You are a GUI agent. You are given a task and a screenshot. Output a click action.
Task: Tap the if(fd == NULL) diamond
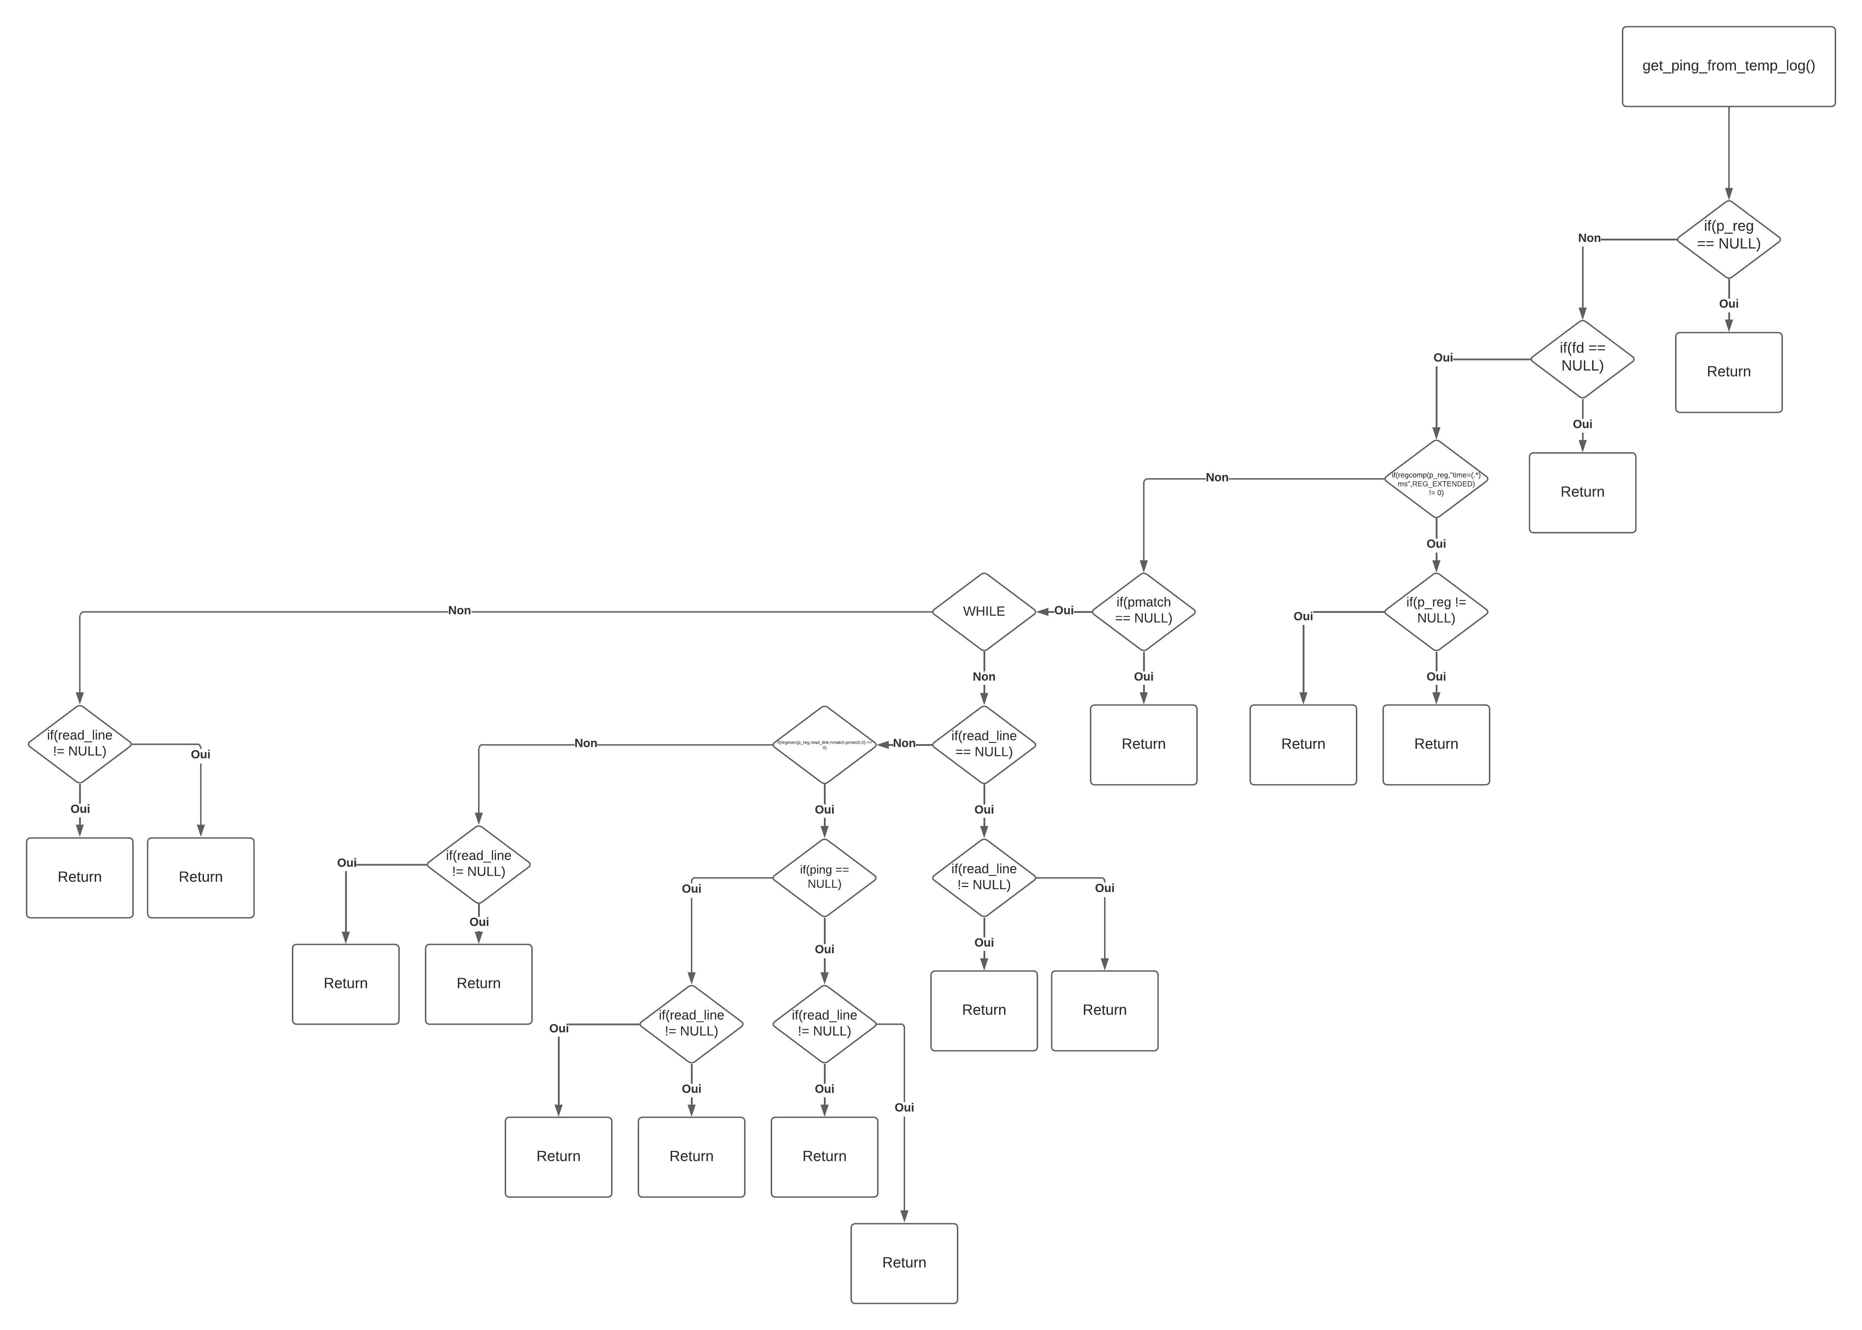click(x=1582, y=359)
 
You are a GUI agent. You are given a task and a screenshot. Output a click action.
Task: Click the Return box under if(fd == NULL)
click(x=1582, y=492)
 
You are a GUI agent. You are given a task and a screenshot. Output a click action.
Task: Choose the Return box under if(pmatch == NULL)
click(x=1143, y=744)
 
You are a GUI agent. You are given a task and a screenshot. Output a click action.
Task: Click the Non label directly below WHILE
click(x=983, y=676)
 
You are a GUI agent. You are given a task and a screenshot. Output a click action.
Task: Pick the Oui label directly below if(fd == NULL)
click(x=1582, y=424)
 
